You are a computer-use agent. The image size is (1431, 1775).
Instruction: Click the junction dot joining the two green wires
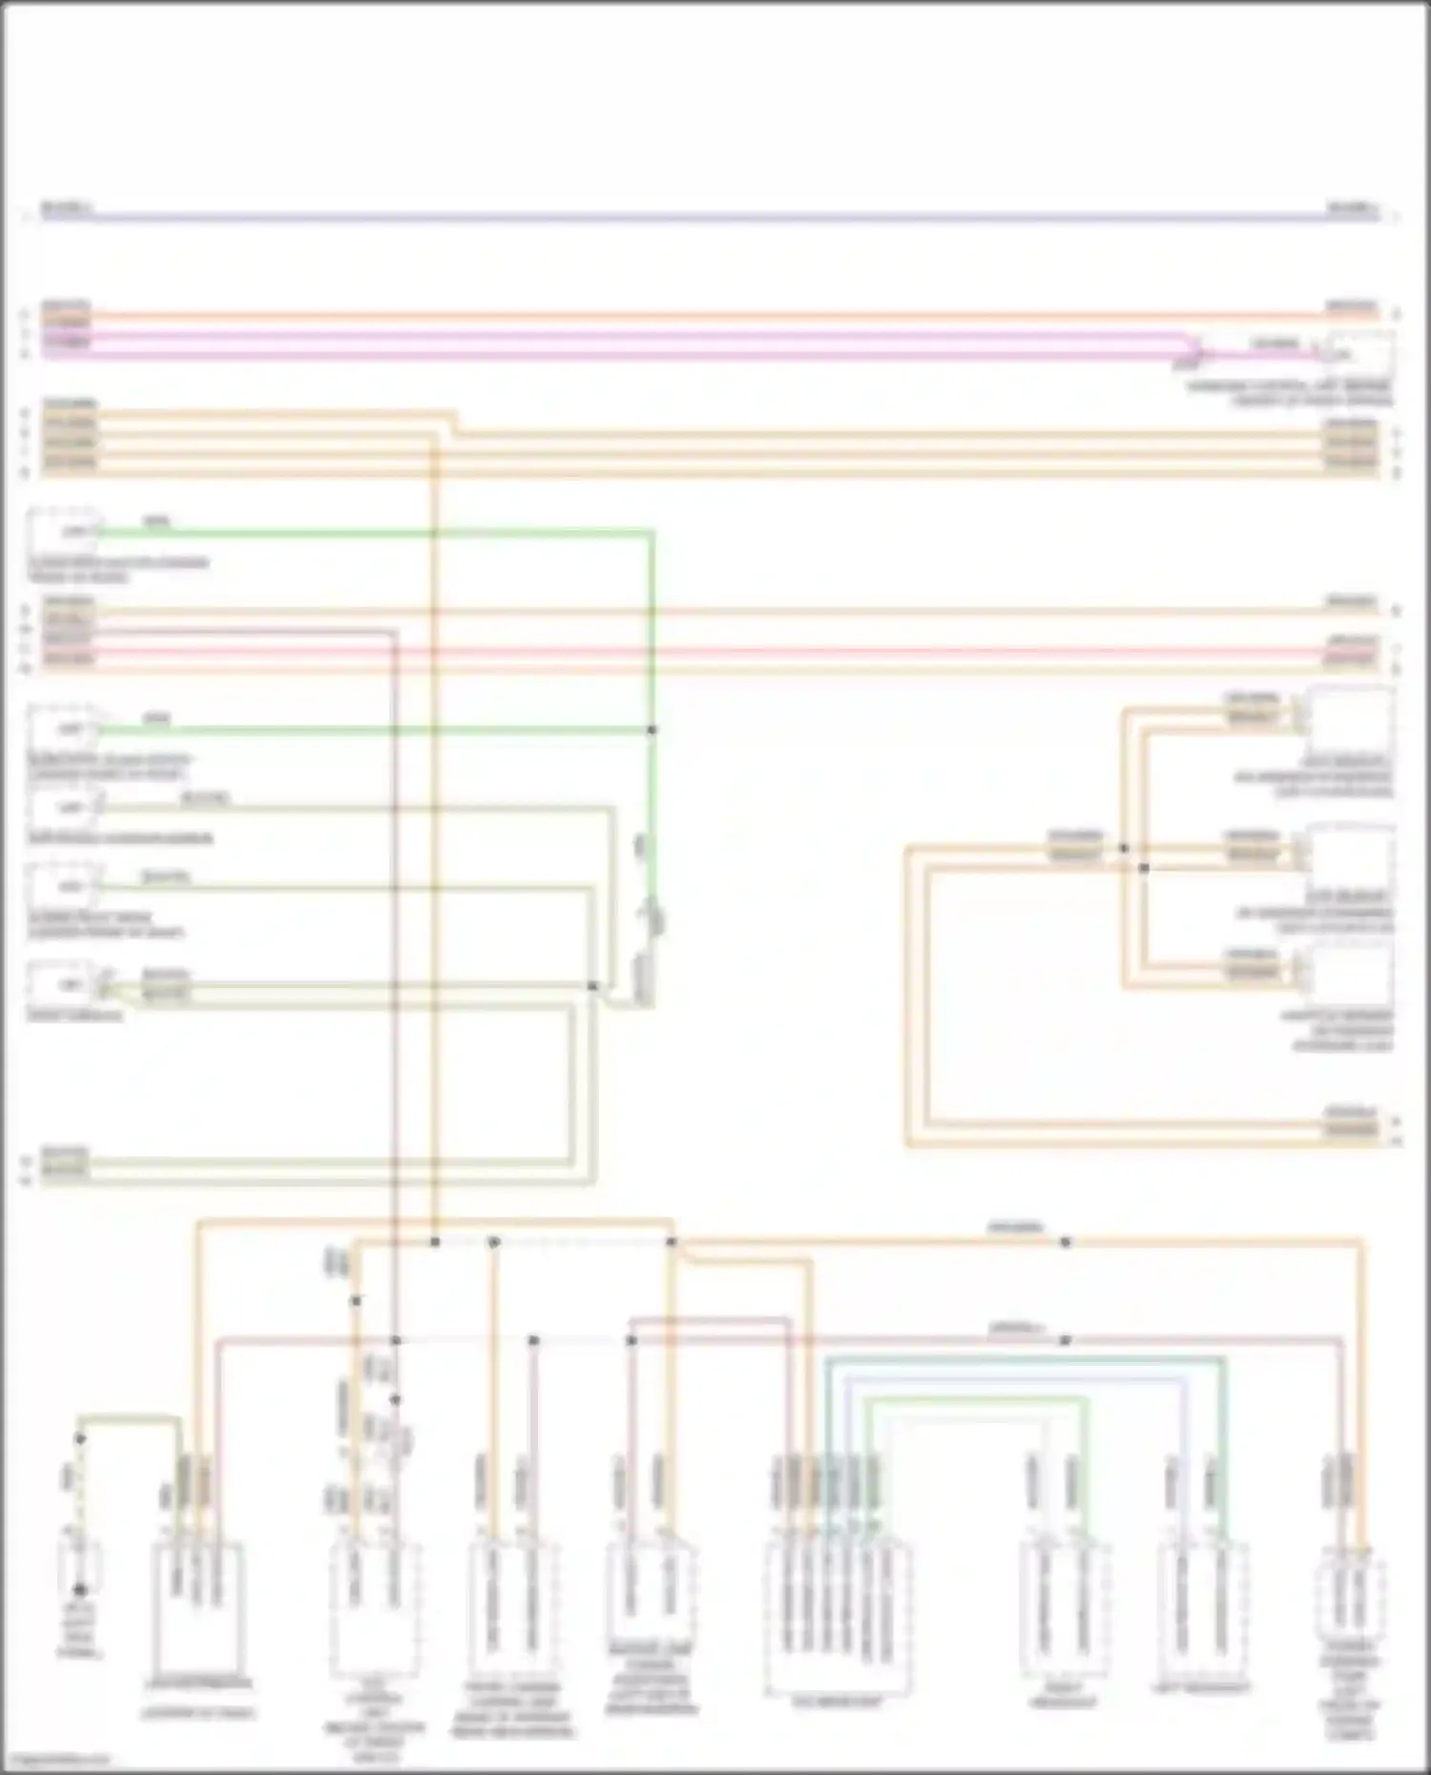653,730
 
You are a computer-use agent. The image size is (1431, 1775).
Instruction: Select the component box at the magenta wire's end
1359,354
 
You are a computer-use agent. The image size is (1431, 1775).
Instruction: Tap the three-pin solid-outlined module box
197,1602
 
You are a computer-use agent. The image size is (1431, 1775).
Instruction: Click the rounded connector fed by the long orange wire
1350,1602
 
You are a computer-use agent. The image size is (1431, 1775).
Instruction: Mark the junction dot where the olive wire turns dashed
81,1438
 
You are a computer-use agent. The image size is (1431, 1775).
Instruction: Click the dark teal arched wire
1026,1360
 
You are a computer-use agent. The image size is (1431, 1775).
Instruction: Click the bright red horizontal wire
715,652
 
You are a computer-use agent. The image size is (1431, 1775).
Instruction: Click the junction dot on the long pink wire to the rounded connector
1066,1340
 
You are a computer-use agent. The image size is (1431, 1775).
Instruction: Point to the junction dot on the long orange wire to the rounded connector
1066,1242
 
